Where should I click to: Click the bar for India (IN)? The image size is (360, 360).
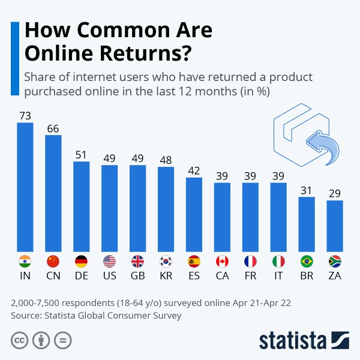coord(25,187)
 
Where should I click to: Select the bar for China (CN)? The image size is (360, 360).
coord(53,193)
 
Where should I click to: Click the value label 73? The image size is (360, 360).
coord(25,115)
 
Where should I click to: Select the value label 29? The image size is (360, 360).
coord(335,193)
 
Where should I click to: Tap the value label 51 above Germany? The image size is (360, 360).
coord(82,154)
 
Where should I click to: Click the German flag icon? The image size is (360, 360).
coord(82,262)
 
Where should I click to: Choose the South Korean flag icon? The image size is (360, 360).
coord(166,262)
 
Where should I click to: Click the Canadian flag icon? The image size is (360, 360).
coord(222,262)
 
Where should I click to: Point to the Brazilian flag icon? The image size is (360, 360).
coord(307,262)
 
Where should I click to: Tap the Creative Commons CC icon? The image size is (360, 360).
coord(19,340)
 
